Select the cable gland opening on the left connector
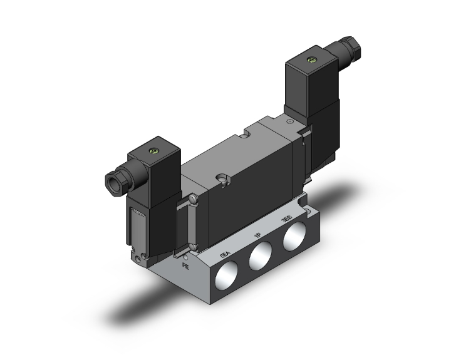(x=113, y=180)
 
